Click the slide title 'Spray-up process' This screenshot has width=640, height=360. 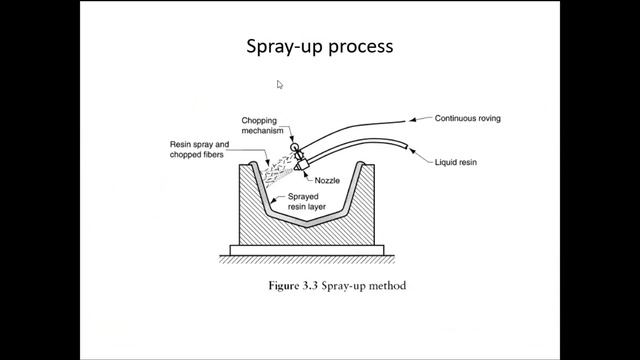coord(320,47)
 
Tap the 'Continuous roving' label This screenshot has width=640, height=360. coord(467,118)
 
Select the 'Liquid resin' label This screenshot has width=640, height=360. coord(456,162)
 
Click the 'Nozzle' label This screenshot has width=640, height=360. coord(327,180)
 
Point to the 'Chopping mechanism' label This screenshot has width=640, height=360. coord(262,126)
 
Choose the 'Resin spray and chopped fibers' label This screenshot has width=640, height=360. coord(199,149)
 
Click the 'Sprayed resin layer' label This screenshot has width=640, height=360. coord(307,202)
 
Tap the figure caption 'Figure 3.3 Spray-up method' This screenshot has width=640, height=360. coord(337,286)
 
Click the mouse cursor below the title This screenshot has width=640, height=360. coord(280,84)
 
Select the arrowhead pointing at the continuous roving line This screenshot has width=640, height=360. coord(412,120)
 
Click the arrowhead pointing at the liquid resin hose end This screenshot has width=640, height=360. coord(412,151)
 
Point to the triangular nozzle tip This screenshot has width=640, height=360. coord(297,167)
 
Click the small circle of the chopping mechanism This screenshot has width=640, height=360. coord(294,147)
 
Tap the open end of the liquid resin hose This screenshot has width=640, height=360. coord(406,146)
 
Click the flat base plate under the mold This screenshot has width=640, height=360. coord(307,250)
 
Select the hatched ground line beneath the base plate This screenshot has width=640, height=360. coord(307,260)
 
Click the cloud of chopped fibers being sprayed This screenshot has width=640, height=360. coord(278,170)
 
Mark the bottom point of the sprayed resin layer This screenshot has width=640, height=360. coord(307,224)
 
